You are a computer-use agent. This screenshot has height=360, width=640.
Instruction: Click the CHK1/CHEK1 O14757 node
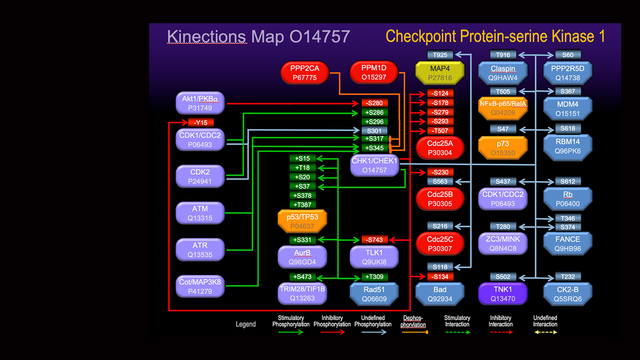pos(374,166)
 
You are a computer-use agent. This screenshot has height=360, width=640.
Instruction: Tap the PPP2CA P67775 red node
pos(305,73)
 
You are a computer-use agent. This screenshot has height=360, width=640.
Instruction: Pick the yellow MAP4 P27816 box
pos(440,73)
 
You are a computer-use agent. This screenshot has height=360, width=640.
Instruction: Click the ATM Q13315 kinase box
pos(200,213)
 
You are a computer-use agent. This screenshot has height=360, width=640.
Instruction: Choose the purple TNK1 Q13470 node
pos(503,294)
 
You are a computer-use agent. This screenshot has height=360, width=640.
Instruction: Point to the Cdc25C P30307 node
pos(440,244)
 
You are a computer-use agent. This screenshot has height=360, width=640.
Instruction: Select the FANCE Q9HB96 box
pos(568,244)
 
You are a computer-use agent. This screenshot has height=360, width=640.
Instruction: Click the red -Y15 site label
pos(201,123)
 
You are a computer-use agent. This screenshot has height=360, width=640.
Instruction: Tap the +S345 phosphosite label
pos(374,148)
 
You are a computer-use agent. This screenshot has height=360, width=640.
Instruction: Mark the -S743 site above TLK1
pos(374,240)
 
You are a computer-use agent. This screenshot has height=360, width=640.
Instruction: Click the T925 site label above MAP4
pos(440,55)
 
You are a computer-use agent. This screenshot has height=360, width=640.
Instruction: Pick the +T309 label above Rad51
pos(374,277)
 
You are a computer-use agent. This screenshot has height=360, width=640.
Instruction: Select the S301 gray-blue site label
pos(374,131)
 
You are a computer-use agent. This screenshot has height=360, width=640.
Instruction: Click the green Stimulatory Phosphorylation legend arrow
pos(291,332)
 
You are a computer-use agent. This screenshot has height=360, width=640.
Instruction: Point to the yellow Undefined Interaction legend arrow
pos(546,332)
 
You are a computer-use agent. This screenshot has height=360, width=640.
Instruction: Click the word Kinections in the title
pos(206,37)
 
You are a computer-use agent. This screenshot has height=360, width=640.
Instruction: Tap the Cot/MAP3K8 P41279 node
pos(200,286)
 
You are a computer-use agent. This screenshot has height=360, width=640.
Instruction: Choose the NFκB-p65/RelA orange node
pos(503,108)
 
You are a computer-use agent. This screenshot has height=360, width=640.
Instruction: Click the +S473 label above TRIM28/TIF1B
pos(302,277)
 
